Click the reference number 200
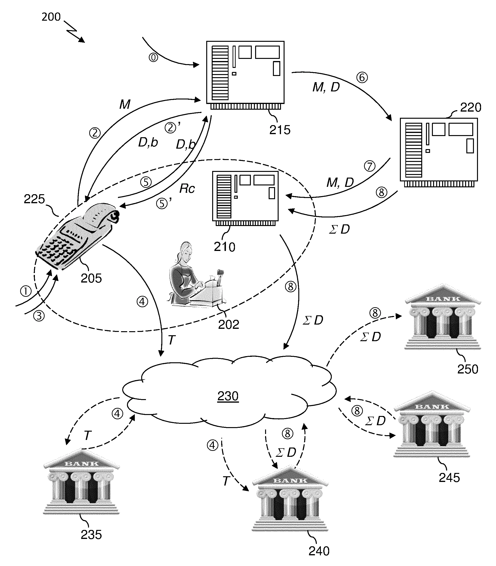pyautogui.click(x=51, y=17)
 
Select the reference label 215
pyautogui.click(x=280, y=130)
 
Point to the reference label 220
pyautogui.click(x=471, y=108)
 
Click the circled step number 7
pyautogui.click(x=370, y=166)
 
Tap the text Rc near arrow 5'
pyautogui.click(x=187, y=189)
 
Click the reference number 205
pyautogui.click(x=91, y=278)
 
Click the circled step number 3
pyautogui.click(x=39, y=316)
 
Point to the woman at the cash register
pyautogui.click(x=194, y=277)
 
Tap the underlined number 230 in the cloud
pyautogui.click(x=228, y=396)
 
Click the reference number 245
pyautogui.click(x=449, y=478)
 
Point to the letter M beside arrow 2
pyautogui.click(x=125, y=105)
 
